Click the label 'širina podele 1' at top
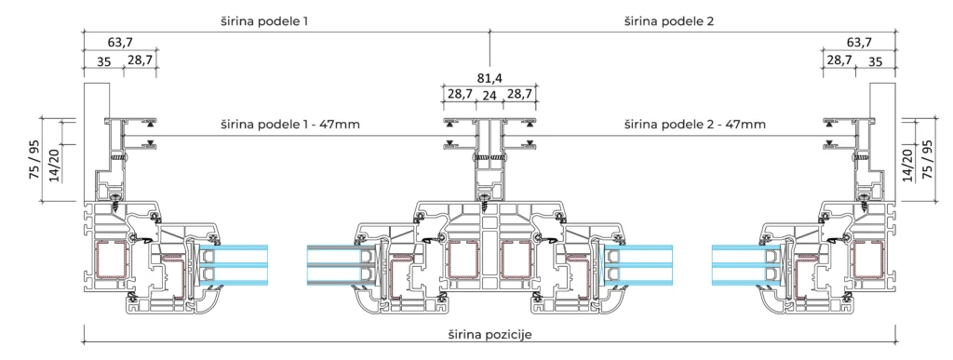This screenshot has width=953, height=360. point(264,21)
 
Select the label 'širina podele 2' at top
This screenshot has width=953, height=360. point(669,21)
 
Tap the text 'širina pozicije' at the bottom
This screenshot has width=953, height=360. point(490,335)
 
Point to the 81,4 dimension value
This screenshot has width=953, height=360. point(490,78)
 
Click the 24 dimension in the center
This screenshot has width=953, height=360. point(490,95)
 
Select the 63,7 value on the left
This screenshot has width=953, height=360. point(120,43)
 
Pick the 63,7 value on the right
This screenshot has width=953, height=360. point(859,43)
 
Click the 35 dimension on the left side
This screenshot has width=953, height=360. point(104,61)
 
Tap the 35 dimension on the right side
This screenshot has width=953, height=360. point(875,61)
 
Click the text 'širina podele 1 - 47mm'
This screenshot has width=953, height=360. point(290,125)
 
